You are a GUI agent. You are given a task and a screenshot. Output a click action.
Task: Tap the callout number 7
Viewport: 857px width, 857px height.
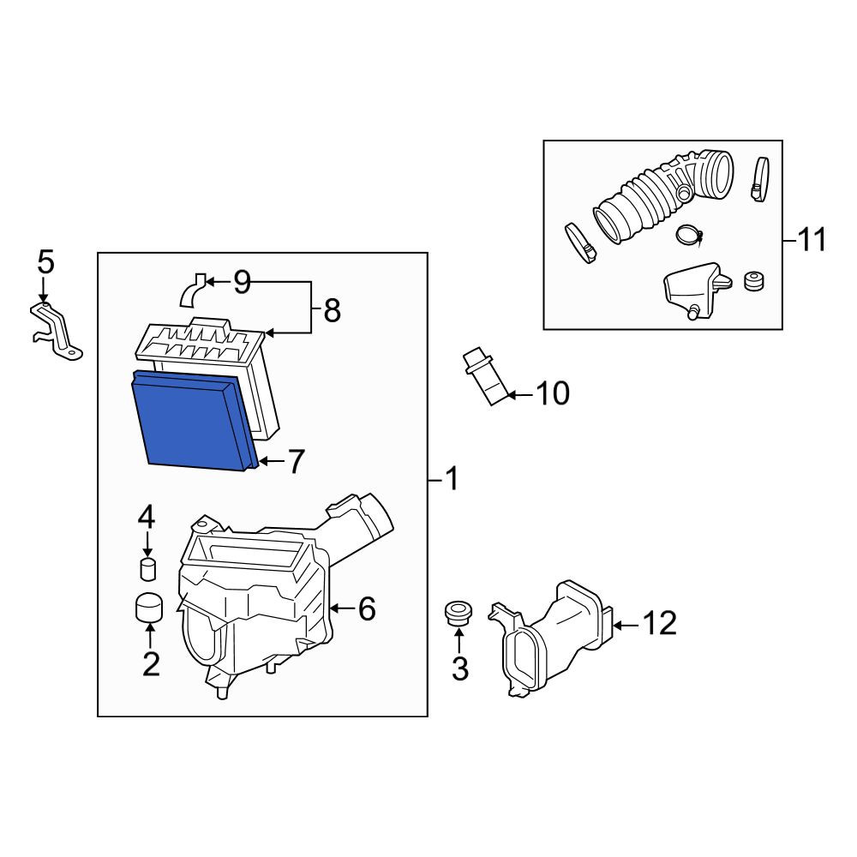pos(295,461)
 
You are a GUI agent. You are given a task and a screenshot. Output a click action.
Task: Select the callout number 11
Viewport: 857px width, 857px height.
pos(812,240)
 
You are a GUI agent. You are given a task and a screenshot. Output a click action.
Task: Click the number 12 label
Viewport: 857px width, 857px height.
pos(659,623)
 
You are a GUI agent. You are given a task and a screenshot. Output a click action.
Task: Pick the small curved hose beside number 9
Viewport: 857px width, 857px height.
pos(192,291)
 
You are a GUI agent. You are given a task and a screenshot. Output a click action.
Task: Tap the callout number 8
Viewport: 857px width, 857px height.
pos(332,310)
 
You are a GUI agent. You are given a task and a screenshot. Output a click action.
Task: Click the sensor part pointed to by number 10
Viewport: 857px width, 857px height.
pos(487,375)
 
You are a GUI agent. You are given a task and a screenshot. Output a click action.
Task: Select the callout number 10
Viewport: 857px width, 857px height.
pos(553,393)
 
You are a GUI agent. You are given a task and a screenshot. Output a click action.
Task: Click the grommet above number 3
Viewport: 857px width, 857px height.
pos(459,614)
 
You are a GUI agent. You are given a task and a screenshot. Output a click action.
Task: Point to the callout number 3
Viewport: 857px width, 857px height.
pos(459,668)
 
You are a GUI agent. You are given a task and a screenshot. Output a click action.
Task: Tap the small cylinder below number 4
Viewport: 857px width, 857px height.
pos(147,569)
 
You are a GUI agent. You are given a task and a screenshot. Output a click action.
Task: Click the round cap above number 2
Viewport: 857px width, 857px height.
pos(149,608)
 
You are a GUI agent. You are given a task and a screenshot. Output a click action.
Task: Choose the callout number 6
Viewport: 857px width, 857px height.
pos(367,608)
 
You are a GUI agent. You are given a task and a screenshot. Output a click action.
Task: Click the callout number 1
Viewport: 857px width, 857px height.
pos(452,479)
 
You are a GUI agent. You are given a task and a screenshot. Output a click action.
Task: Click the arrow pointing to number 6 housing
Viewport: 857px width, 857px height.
pos(342,608)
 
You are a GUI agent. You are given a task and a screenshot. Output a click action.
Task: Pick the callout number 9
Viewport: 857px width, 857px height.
pos(242,282)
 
